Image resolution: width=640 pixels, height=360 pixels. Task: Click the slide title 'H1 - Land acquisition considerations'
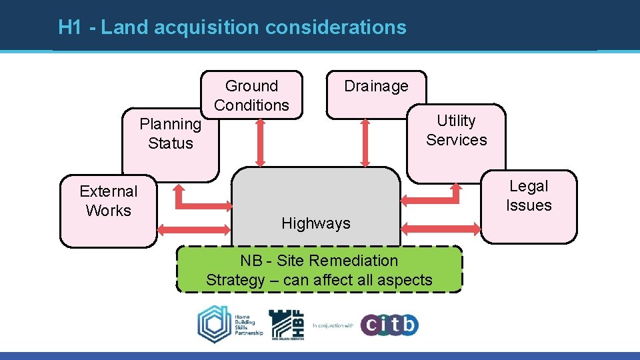coord(232,27)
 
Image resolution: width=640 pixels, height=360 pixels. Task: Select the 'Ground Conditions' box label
coord(251,95)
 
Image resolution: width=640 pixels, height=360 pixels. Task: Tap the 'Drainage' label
coord(376,86)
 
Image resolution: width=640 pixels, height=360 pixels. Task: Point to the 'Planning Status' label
coord(170,133)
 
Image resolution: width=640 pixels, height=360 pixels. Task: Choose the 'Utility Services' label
coord(457,130)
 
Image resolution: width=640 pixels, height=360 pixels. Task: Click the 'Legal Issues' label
coord(529,195)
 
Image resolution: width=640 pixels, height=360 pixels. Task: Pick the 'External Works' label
coord(108,201)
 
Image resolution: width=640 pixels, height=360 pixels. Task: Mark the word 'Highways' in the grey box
coord(316,223)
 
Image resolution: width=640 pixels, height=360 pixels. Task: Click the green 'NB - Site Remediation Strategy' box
coord(319,270)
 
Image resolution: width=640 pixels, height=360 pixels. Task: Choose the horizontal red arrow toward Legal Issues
coord(442,228)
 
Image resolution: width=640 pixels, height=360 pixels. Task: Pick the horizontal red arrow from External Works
coord(193,230)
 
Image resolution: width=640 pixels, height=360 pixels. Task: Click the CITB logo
coord(390,325)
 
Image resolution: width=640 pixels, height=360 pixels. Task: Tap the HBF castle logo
coord(287,325)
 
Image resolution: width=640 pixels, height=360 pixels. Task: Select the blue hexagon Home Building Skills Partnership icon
coord(214,325)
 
